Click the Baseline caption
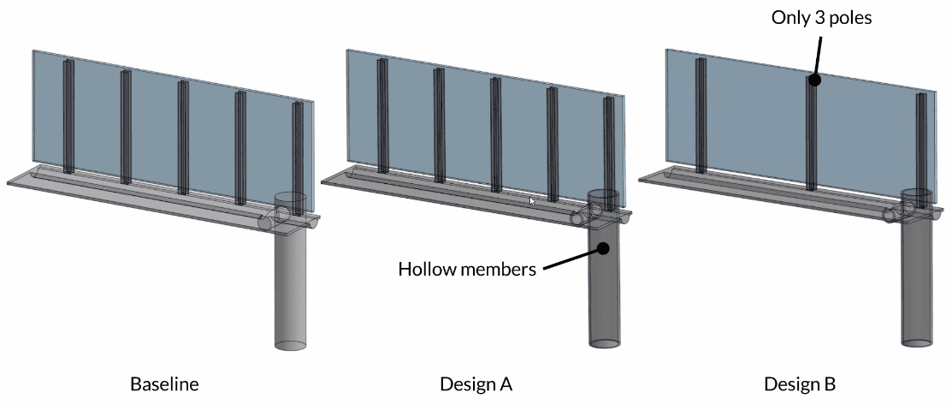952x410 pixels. click(x=164, y=384)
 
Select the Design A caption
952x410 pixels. click(x=476, y=384)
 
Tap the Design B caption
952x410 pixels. click(x=799, y=384)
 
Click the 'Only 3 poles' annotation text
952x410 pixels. click(x=821, y=17)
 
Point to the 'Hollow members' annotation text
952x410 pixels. click(x=467, y=270)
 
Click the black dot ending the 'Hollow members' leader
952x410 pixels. click(x=603, y=249)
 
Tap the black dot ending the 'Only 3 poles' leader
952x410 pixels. click(x=814, y=80)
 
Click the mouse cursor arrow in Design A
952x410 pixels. click(x=533, y=201)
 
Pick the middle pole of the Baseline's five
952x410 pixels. click(x=182, y=137)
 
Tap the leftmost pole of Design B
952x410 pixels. click(x=701, y=116)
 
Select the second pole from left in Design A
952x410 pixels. click(x=439, y=126)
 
